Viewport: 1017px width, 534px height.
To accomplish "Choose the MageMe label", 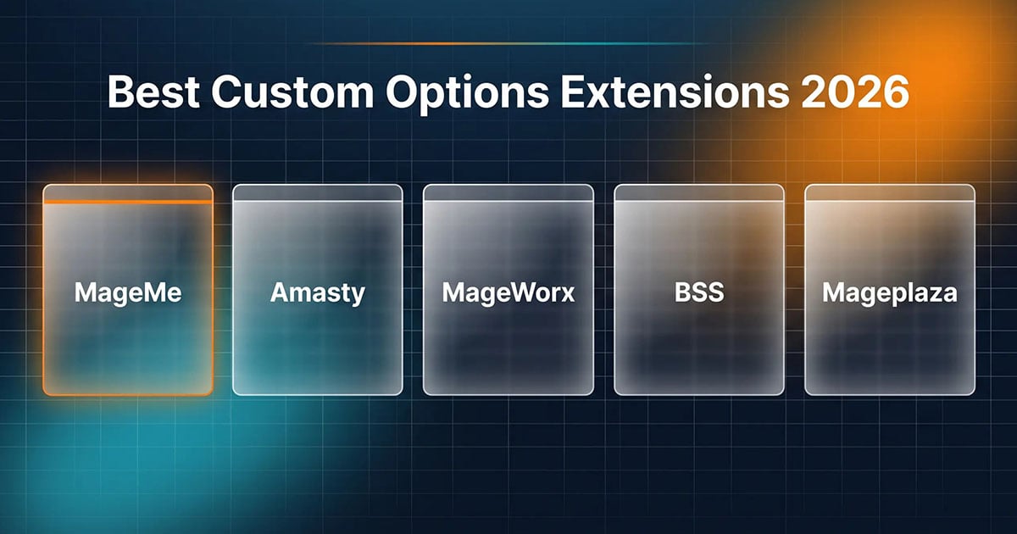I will pyautogui.click(x=128, y=293).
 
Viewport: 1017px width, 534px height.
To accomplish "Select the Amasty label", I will pyautogui.click(x=318, y=293).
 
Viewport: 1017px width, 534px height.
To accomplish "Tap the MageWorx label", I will pyautogui.click(x=508, y=293).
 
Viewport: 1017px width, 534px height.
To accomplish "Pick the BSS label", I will pyautogui.click(x=699, y=293).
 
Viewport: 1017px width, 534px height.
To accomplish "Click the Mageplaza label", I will pyautogui.click(x=889, y=293).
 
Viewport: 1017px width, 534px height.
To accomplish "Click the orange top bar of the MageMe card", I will pyautogui.click(x=128, y=202).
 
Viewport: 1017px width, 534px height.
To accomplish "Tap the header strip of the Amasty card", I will pyautogui.click(x=318, y=193).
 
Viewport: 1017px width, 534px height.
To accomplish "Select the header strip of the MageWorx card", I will pyautogui.click(x=508, y=193).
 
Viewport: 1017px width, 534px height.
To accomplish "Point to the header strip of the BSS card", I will pyautogui.click(x=699, y=193).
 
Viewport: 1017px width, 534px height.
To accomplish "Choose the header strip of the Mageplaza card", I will pyautogui.click(x=889, y=193).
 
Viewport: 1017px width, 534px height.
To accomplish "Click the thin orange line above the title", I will pyautogui.click(x=508, y=43).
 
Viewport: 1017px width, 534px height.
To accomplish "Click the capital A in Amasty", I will pyautogui.click(x=279, y=293).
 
